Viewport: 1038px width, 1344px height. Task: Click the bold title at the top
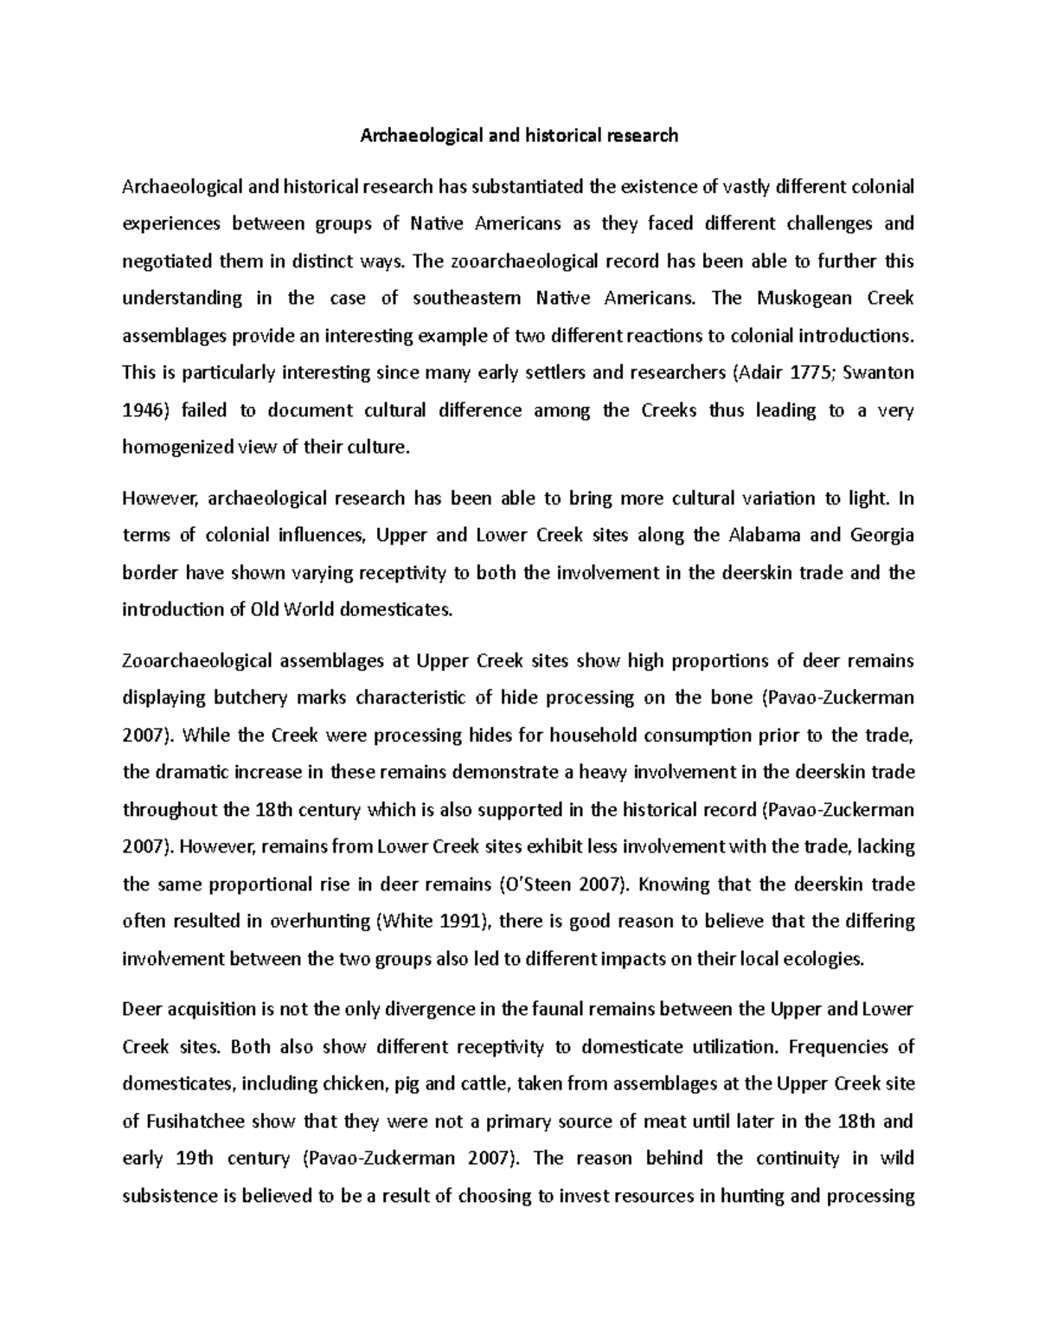coord(519,135)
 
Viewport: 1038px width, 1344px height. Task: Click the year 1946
coord(142,410)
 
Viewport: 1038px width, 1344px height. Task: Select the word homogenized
coord(177,447)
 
